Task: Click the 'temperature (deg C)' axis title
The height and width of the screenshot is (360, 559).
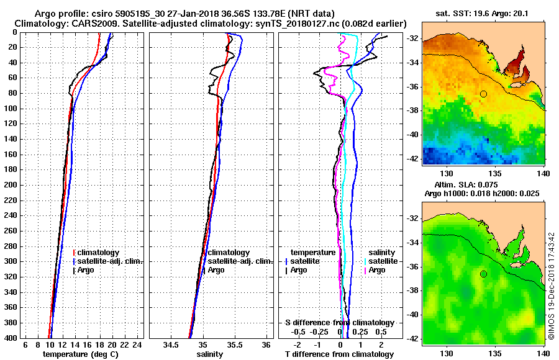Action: click(80, 354)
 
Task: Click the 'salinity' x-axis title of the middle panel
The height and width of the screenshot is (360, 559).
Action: click(210, 354)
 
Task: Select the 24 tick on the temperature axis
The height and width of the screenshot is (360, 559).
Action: click(138, 344)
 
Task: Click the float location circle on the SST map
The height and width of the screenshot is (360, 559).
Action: click(483, 94)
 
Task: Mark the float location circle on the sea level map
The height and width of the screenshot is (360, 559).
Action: click(483, 274)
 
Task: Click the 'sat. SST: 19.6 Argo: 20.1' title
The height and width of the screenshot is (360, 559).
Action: click(483, 13)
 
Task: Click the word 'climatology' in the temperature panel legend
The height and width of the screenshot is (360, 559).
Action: click(99, 253)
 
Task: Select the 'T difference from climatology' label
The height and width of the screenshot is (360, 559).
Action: click(339, 354)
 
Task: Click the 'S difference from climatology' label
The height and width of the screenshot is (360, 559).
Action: click(340, 323)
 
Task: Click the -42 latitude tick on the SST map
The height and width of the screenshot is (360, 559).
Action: click(412, 158)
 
